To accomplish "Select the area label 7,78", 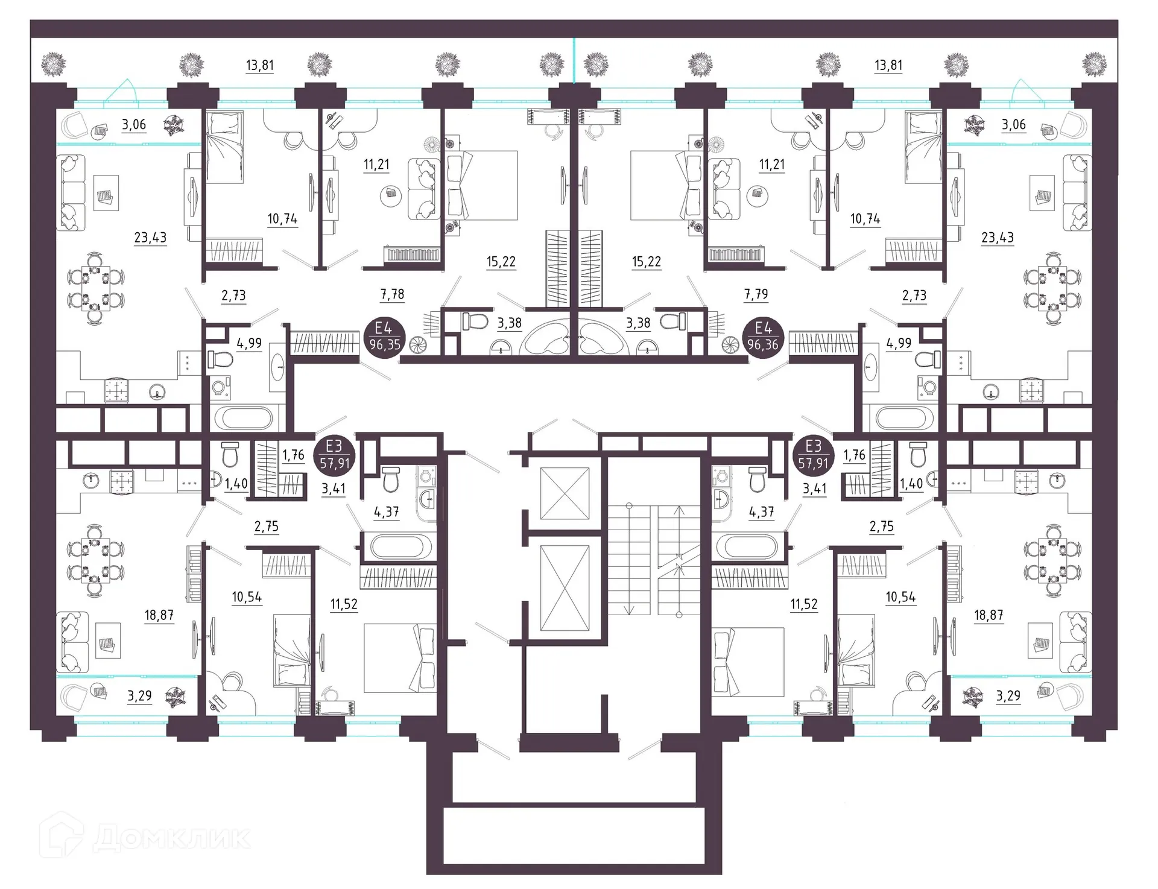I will pyautogui.click(x=392, y=294).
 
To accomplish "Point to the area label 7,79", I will pyautogui.click(x=756, y=294).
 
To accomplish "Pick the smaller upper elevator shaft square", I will pyautogui.click(x=565, y=493).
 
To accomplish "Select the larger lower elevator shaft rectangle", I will pyautogui.click(x=565, y=587).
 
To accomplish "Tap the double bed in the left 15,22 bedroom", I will pyautogui.click(x=481, y=185).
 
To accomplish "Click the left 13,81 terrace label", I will pyautogui.click(x=260, y=65).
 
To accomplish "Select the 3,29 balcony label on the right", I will pyautogui.click(x=1008, y=696).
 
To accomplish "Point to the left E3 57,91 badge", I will pyautogui.click(x=334, y=454).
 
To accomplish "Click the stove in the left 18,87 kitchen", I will pyautogui.click(x=122, y=481).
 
